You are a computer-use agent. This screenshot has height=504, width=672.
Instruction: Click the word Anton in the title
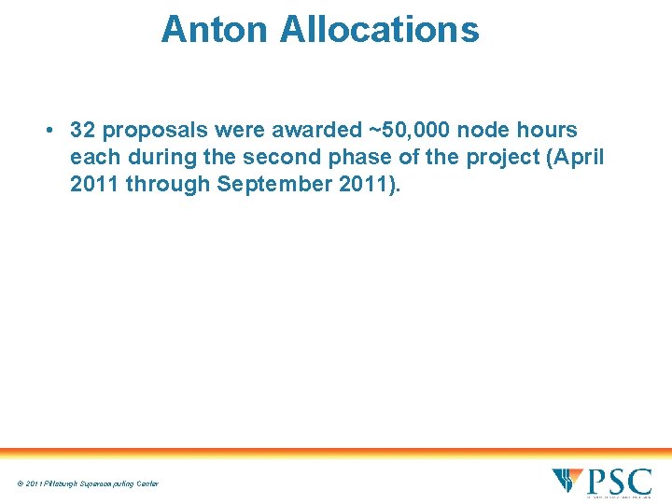(215, 29)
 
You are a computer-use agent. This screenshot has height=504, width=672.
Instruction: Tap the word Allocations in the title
(379, 29)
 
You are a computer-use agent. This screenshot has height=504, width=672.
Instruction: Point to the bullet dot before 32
(47, 131)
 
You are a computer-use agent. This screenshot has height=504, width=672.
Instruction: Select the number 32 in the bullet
(84, 131)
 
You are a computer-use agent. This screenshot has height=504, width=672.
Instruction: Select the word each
(95, 157)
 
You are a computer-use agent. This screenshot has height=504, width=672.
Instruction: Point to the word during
(163, 157)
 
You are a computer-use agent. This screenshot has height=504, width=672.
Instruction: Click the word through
(167, 184)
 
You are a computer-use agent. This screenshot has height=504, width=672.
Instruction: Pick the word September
(278, 184)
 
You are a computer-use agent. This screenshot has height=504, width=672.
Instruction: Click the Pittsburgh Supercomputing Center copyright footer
(87, 483)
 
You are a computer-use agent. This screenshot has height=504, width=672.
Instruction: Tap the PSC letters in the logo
(618, 482)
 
